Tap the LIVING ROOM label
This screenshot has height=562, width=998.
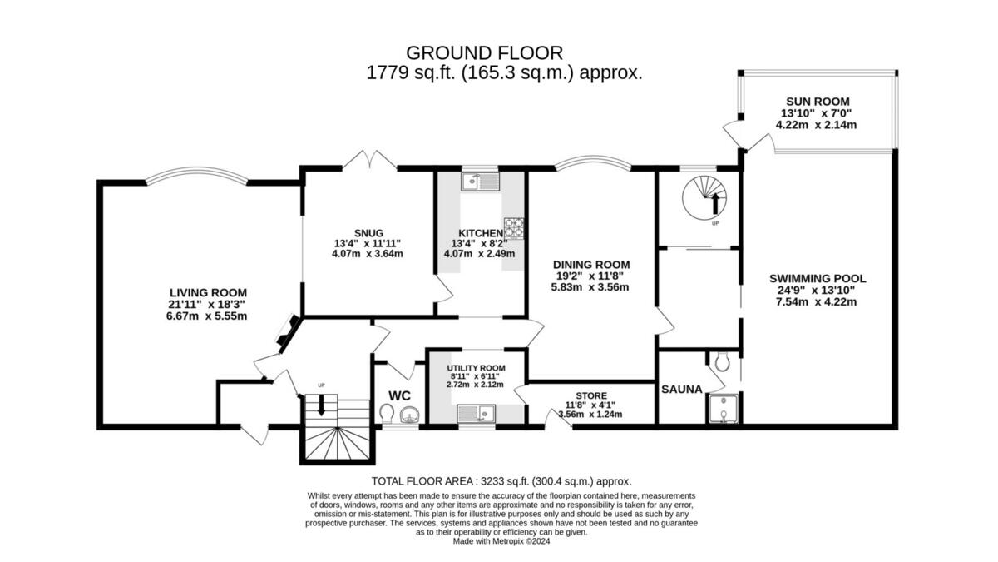(208, 292)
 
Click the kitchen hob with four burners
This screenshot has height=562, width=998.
(513, 224)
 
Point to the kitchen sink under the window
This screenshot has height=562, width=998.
(480, 180)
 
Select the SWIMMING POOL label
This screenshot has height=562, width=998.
(818, 278)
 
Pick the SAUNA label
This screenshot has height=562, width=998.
(682, 389)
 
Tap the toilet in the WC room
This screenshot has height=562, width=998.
(388, 413)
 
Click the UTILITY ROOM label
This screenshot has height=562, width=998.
(476, 368)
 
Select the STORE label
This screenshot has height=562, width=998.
(590, 395)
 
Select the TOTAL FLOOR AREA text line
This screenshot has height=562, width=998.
(501, 481)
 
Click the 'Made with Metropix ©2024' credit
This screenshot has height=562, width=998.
(502, 540)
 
